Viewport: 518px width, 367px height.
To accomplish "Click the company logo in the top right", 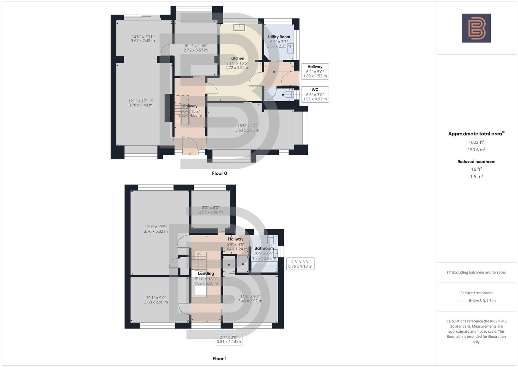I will tap(476, 28).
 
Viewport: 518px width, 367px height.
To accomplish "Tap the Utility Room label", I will tap(279, 37).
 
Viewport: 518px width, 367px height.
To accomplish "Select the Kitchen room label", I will tap(237, 58).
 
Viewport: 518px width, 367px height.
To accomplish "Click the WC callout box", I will tap(315, 94).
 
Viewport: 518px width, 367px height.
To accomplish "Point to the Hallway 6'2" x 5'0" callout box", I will tap(315, 71).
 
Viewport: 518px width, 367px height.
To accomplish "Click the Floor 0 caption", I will tap(219, 173).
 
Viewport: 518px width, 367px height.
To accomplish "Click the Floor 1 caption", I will tap(219, 359).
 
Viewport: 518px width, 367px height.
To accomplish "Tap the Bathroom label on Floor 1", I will tap(264, 248).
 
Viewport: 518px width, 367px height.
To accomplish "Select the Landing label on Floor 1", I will tap(206, 274).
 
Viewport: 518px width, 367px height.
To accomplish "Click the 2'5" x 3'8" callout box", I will tap(300, 264).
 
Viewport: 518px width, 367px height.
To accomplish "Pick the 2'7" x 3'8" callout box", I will tap(229, 339).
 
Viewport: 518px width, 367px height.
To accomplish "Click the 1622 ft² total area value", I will tap(476, 142).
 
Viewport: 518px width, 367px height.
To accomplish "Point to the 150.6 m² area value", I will tap(476, 150).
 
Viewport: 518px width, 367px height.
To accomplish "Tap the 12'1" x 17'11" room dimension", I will tap(140, 103).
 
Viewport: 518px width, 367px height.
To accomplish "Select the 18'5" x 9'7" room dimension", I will tap(247, 128).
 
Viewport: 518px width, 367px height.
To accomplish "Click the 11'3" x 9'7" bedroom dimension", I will tap(250, 298).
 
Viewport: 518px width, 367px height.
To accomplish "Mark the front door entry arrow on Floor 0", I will tap(190, 154).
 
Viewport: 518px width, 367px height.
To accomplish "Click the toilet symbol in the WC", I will tap(289, 94).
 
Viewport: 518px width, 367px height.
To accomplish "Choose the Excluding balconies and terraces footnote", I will tap(476, 272).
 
